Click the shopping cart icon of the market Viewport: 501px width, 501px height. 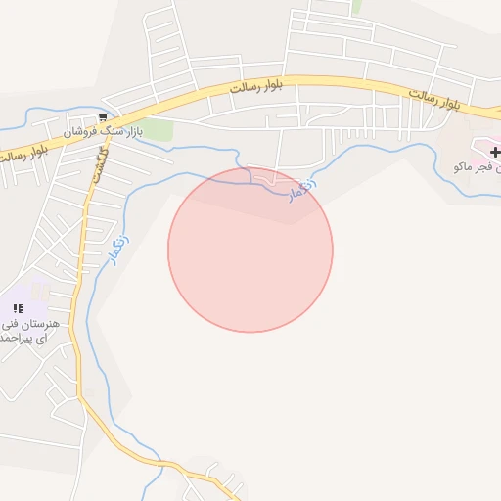pos(103,117)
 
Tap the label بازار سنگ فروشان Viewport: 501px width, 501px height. pos(104,131)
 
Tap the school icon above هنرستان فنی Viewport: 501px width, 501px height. pos(18,308)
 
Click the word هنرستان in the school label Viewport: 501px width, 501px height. pos(41,323)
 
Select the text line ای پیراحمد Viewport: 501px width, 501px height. pos(23,339)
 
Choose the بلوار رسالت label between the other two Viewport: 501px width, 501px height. pos(256,87)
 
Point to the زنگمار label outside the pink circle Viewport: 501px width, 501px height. pos(117,243)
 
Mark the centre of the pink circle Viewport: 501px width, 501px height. pos(250,250)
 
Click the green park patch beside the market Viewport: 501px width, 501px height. pos(159,130)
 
